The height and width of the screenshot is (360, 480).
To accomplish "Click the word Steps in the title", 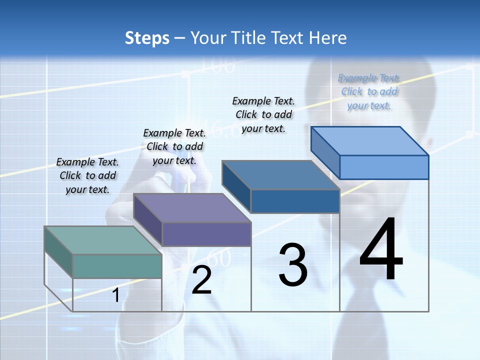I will [x=147, y=38].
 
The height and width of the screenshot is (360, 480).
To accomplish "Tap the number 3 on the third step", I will [x=293, y=265].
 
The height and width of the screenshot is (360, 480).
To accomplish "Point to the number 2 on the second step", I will [x=201, y=280].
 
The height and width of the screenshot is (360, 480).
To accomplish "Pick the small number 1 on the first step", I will [x=115, y=295].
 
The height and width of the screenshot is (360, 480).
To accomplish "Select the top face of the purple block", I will [x=192, y=208].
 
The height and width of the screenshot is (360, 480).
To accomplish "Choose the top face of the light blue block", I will [x=370, y=141].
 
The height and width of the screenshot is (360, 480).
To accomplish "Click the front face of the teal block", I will [x=117, y=266].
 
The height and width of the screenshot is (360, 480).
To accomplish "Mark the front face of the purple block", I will [x=206, y=234].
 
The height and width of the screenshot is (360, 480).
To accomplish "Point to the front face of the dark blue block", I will [x=295, y=201].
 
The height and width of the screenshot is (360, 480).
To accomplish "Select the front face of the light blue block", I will [x=384, y=167].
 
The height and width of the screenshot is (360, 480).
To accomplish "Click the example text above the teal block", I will [x=87, y=175].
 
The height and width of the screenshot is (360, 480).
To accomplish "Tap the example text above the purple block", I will [x=174, y=146].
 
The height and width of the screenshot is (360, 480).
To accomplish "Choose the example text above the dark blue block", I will [x=263, y=114].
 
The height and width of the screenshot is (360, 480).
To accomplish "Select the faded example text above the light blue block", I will [x=369, y=91].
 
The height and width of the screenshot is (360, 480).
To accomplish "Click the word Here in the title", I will [x=328, y=38].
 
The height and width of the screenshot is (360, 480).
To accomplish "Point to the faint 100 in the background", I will [x=218, y=65].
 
